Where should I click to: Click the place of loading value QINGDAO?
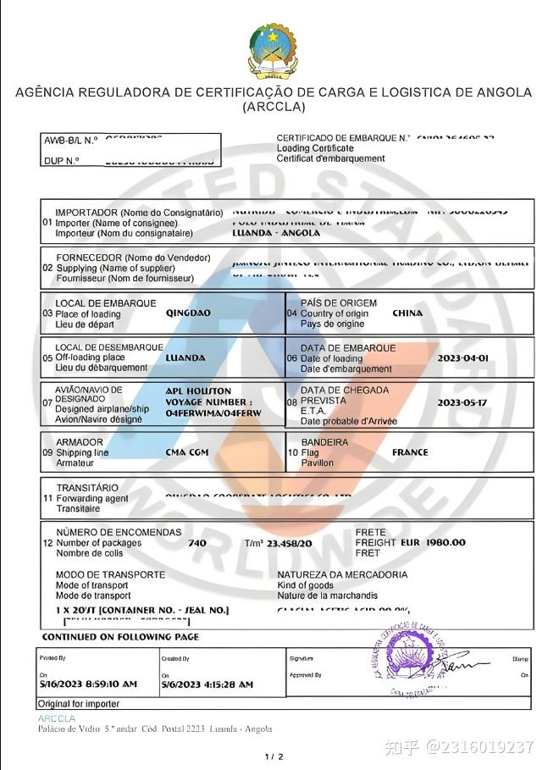coord(188,313)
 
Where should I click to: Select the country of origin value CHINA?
coord(407,313)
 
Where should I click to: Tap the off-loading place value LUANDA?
coord(185,358)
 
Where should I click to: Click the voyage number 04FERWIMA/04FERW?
coord(213,413)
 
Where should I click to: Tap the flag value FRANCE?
coord(410,452)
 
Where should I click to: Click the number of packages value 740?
coord(197,543)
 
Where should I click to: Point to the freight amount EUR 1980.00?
coord(433,542)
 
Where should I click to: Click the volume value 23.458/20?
coord(289,543)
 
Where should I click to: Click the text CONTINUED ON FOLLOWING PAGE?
coord(120,636)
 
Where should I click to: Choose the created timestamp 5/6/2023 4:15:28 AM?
coord(207,684)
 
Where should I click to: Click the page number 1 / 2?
coord(274,756)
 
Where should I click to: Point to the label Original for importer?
coord(78,704)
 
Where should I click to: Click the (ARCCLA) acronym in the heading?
coord(274,108)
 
